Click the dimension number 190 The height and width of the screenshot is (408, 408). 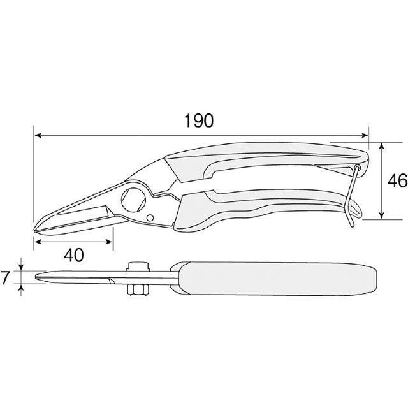point(198,120)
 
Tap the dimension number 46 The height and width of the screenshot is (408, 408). point(397,180)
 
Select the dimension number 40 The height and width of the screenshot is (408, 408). point(74,255)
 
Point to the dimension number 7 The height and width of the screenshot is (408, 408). point(5,277)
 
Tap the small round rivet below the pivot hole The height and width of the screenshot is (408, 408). point(150,217)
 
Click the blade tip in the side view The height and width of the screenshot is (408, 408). point(35,229)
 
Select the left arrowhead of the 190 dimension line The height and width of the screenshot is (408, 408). point(38,135)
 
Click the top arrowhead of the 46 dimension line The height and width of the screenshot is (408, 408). point(381,146)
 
